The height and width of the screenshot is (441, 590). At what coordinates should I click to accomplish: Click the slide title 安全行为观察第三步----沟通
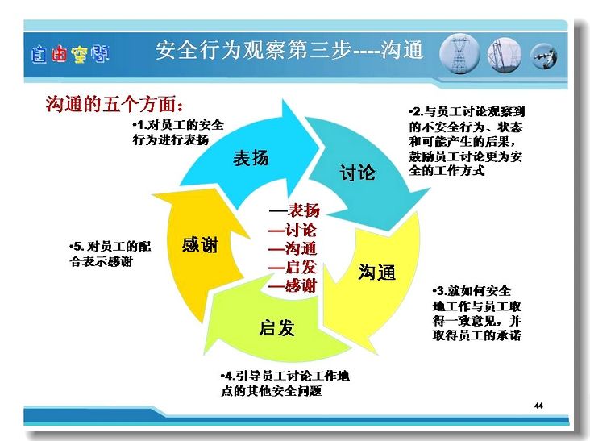coord(289,50)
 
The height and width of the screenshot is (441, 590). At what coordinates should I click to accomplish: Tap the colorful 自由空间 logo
coord(70,54)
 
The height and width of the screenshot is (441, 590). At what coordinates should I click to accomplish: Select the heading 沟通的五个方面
coord(114,104)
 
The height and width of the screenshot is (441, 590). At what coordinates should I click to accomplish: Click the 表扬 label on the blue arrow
coord(251,158)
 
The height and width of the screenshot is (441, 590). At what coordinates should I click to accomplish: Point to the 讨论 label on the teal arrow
coord(357,173)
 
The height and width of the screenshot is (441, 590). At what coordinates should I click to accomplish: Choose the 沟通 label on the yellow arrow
coord(376,272)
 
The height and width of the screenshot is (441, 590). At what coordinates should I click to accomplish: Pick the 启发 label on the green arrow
coord(276,327)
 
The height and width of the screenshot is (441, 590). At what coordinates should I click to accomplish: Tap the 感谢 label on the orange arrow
coord(200,244)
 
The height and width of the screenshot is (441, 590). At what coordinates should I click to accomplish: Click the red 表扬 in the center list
coord(304,210)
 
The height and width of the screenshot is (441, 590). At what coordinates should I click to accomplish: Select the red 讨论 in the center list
coord(301,230)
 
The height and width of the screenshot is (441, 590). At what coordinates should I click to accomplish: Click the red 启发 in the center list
coord(301,267)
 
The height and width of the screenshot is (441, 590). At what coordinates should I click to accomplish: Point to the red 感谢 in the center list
coord(301,285)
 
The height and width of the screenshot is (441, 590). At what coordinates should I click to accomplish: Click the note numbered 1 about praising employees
coord(178,132)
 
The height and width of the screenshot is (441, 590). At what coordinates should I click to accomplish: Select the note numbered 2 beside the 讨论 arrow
coord(467,141)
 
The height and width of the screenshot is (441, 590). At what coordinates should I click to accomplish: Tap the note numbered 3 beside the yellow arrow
coord(477,313)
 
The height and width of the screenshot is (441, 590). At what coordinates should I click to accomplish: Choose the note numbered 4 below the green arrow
coord(285,384)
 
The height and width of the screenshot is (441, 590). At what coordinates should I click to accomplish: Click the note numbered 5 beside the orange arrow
coord(110,254)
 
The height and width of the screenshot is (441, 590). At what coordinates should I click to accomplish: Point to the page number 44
coord(538,406)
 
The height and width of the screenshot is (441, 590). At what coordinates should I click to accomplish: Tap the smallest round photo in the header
coord(544,56)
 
